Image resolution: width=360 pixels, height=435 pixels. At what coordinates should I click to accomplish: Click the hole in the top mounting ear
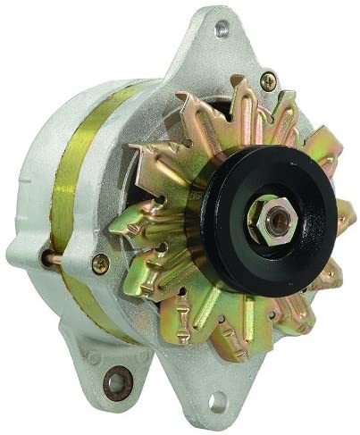pos(221,29)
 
